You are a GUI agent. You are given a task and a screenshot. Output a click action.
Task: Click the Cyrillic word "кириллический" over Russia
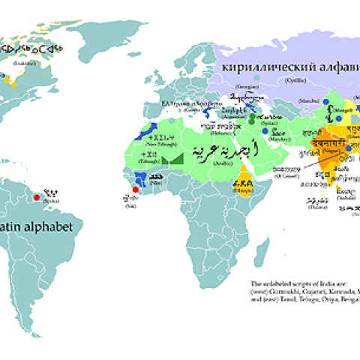(257, 66)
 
